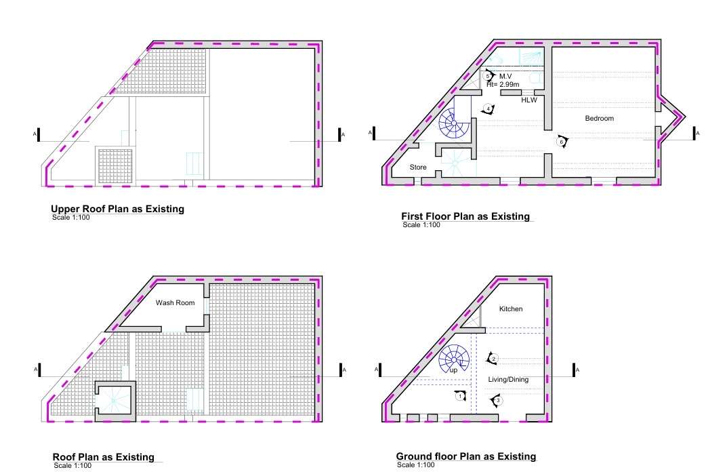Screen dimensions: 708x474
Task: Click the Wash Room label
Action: coord(175,302)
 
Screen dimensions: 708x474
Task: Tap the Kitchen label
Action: coord(511,309)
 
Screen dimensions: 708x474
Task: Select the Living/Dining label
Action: coord(508,380)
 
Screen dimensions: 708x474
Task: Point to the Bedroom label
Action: coord(599,119)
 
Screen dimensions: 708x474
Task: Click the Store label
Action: coord(418,167)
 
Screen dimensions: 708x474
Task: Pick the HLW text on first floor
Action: coord(529,100)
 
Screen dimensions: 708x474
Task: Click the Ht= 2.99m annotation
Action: coord(503,85)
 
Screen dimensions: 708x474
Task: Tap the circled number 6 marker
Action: coord(562,142)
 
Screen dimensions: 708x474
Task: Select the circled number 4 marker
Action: coord(488,109)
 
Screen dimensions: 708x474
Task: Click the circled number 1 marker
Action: coord(459,396)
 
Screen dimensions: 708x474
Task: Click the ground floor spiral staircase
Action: coord(454,359)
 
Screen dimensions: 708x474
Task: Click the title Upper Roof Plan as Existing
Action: coord(117,209)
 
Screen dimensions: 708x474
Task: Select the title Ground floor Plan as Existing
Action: coord(466,456)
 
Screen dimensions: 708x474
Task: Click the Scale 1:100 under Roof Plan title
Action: coord(72,466)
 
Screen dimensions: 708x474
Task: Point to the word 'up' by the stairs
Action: coord(453,370)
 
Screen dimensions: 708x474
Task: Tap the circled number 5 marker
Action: coord(488,77)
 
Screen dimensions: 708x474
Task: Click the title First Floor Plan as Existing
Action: coord(465,216)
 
